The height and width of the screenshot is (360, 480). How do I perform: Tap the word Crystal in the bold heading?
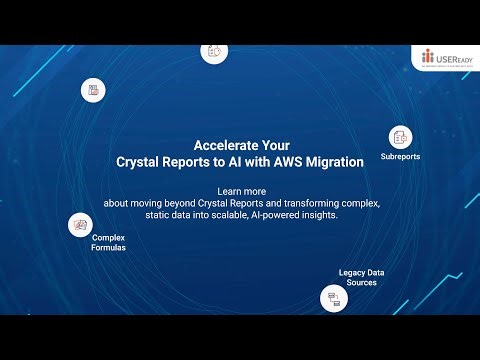tap(143, 159)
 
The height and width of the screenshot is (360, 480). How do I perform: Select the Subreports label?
tap(400, 157)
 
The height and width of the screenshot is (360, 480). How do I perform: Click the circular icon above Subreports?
tap(400, 137)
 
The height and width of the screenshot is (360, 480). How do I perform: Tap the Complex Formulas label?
tap(109, 242)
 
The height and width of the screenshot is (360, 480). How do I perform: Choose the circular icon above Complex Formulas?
tap(79, 225)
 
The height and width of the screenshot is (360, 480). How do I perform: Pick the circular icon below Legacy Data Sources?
tap(332, 297)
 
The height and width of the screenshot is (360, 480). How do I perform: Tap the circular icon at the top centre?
tap(214, 50)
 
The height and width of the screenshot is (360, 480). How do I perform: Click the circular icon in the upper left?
tap(94, 90)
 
